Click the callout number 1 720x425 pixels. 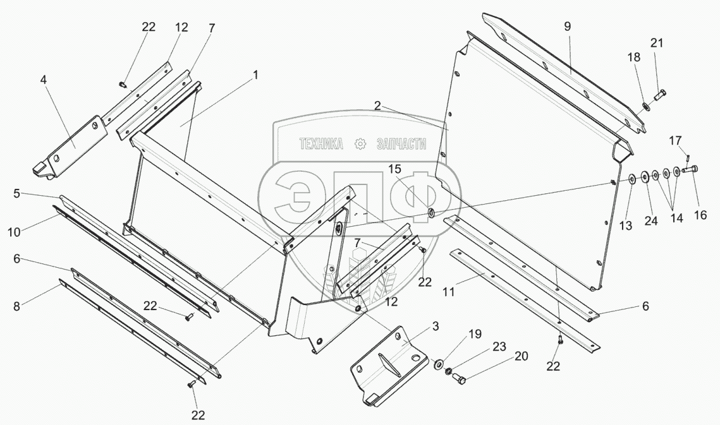pos(255,75)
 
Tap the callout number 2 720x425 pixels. pos(377,106)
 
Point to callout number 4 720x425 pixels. pos(43,80)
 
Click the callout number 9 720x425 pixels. pos(567,27)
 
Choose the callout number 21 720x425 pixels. pos(657,42)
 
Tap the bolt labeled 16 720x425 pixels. pos(692,170)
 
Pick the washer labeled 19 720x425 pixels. pos(437,364)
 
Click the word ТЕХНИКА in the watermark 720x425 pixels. pos(322,145)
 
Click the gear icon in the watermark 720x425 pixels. pos(360,145)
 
